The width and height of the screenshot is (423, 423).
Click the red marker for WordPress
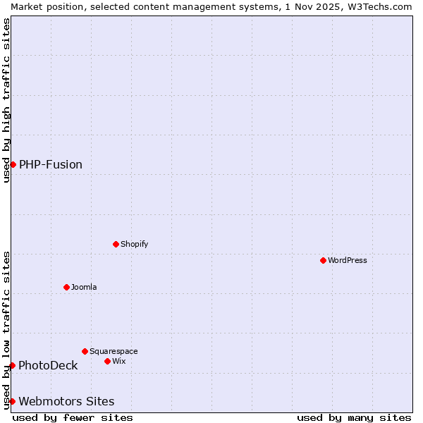[323, 260]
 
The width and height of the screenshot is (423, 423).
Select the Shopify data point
[116, 244]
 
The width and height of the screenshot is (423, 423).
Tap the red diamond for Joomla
[66, 287]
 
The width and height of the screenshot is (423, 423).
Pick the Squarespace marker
[85, 351]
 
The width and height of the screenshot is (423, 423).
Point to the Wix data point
[107, 361]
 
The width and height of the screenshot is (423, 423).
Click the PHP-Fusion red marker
[13, 164]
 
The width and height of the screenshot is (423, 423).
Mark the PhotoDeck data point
[12, 365]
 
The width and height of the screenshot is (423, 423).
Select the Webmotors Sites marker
[12, 401]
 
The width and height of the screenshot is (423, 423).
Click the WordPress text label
[348, 260]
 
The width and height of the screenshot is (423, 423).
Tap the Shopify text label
[134, 244]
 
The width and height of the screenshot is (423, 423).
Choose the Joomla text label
[84, 287]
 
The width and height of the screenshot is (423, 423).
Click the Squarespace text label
[114, 351]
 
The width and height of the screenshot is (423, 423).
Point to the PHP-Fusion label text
[51, 164]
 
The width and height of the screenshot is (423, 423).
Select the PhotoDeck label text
[48, 365]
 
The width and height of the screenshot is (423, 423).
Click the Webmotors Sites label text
[66, 401]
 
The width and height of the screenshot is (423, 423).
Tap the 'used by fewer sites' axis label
[73, 417]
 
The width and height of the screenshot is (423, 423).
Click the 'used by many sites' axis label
[354, 417]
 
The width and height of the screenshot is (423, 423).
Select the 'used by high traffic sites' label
[6, 100]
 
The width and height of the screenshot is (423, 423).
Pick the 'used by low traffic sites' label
[6, 329]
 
